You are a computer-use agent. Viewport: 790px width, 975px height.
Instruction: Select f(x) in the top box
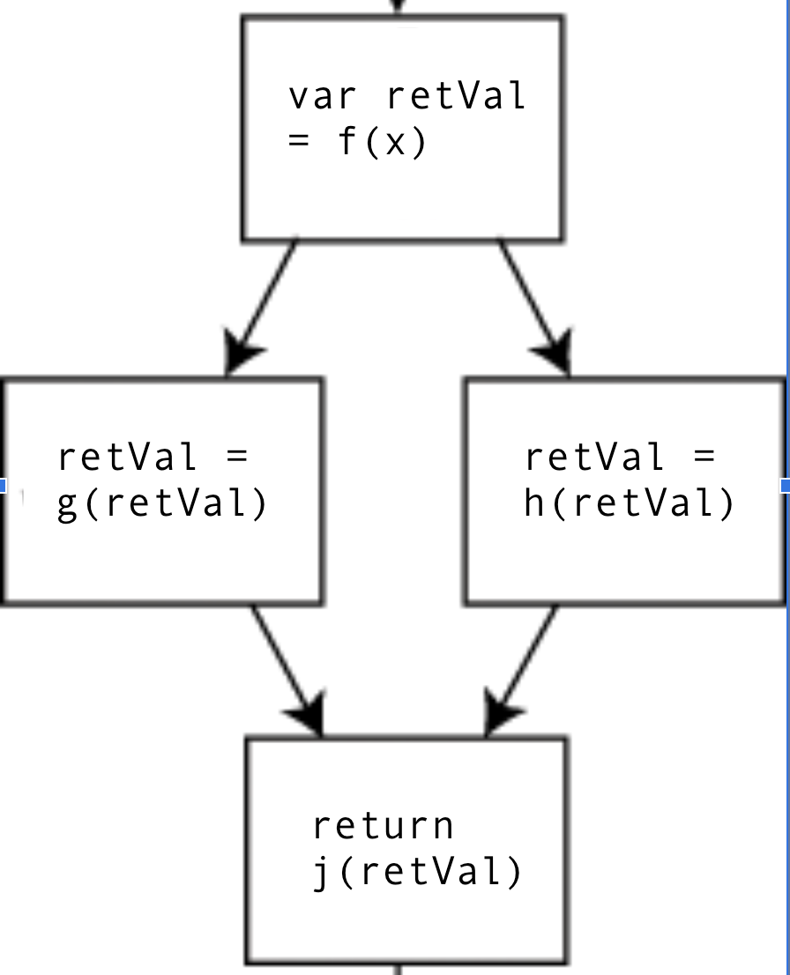(383, 142)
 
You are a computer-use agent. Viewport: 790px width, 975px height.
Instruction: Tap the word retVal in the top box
(456, 96)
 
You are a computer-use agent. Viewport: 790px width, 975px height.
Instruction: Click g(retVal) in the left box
(161, 505)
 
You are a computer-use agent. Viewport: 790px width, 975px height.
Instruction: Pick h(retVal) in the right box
(629, 505)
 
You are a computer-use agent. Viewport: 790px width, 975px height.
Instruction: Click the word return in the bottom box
(383, 826)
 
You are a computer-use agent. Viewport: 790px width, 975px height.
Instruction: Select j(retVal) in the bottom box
(418, 873)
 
